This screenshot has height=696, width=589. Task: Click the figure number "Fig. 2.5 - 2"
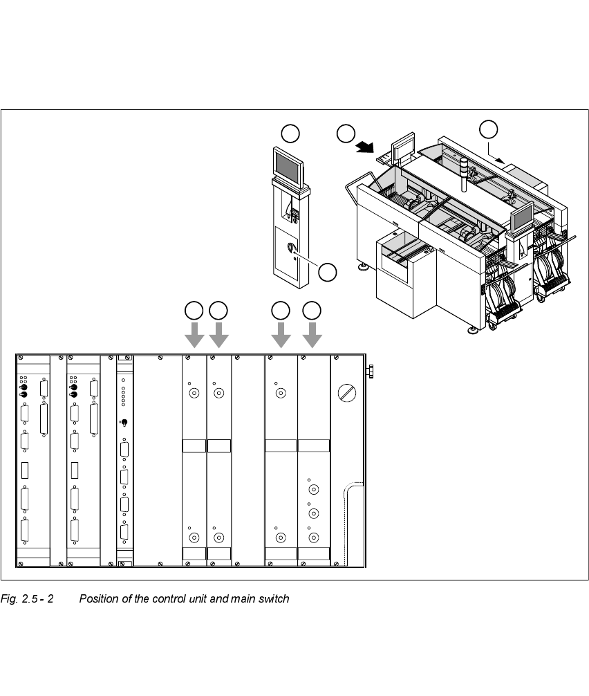pos(28,598)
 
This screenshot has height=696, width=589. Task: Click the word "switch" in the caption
pos(272,598)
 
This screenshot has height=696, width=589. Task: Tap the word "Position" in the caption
pos(99,598)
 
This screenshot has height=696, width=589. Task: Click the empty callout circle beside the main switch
pos(327,273)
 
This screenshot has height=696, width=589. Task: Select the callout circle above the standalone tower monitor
pos(291,133)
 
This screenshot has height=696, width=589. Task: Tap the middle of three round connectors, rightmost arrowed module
pos(314,513)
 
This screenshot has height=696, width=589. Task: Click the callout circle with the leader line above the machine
pos(488,129)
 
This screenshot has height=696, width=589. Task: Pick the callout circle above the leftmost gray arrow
pos(194,310)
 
